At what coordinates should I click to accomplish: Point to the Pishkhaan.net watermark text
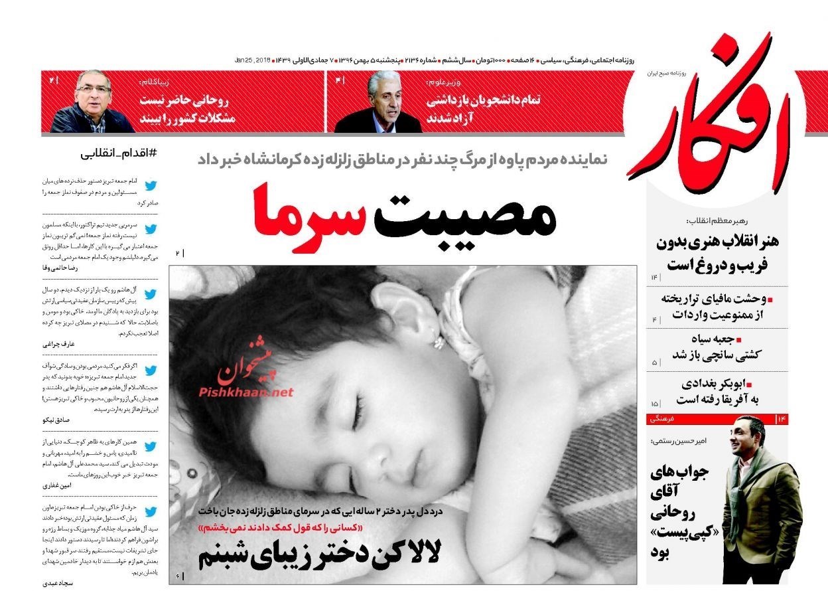coord(245,392)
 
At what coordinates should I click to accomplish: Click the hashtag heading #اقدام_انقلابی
coord(119,153)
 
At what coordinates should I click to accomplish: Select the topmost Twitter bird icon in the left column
coord(151,185)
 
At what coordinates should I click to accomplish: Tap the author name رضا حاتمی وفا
coord(60,268)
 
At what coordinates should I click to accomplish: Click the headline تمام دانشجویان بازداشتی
coord(482,100)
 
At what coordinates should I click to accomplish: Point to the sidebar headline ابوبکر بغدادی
coord(726,383)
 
